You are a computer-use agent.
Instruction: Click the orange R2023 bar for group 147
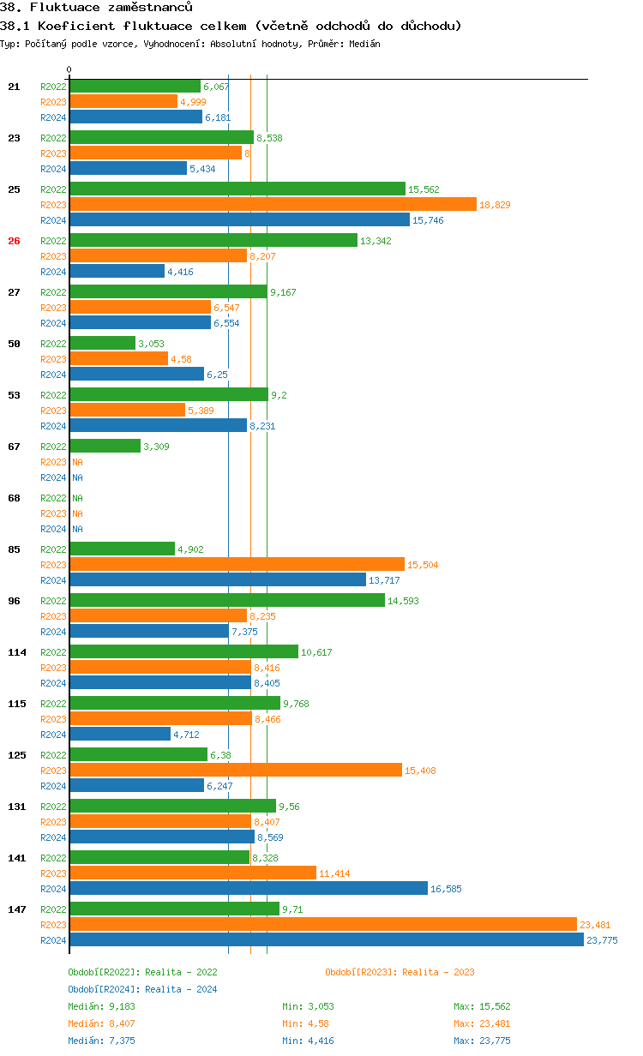pyautogui.click(x=322, y=924)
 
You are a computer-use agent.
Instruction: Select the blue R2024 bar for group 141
pyautogui.click(x=249, y=888)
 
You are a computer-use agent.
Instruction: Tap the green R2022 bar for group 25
pyautogui.click(x=237, y=189)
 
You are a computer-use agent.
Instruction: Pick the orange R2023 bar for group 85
pyautogui.click(x=237, y=564)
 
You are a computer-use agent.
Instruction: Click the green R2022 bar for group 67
pyautogui.click(x=105, y=446)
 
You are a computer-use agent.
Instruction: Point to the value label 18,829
pyautogui.click(x=496, y=205)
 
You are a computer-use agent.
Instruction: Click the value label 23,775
pyautogui.click(x=602, y=940)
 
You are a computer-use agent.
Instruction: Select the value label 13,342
pyautogui.click(x=376, y=241)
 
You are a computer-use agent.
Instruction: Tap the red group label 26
pyautogui.click(x=14, y=241)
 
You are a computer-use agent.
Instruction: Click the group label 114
pyautogui.click(x=17, y=652)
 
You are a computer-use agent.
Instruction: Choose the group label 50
pyautogui.click(x=14, y=344)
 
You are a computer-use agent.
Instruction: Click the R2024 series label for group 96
pyautogui.click(x=53, y=632)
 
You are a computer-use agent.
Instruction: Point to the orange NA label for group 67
pyautogui.click(x=77, y=462)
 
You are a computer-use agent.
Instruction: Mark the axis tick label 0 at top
pyautogui.click(x=69, y=69)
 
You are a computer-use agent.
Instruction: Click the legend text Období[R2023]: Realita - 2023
pyautogui.click(x=400, y=972)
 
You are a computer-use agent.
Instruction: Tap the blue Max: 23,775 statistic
pyautogui.click(x=482, y=1041)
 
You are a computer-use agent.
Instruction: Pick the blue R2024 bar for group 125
pyautogui.click(x=137, y=785)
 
